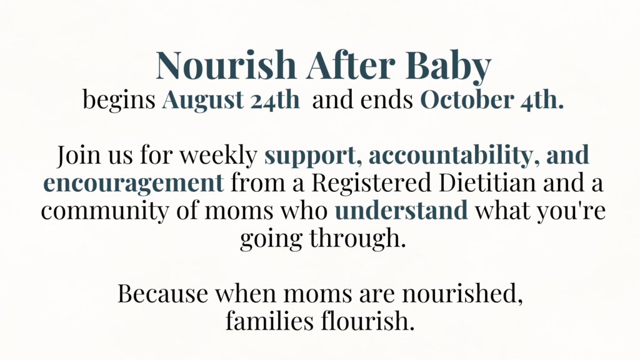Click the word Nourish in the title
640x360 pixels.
(226, 64)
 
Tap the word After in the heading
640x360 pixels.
(351, 64)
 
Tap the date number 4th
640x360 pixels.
(539, 99)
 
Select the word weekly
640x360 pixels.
(218, 155)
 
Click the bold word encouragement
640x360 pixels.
(134, 184)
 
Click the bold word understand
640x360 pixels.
(401, 210)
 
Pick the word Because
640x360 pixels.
(162, 293)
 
